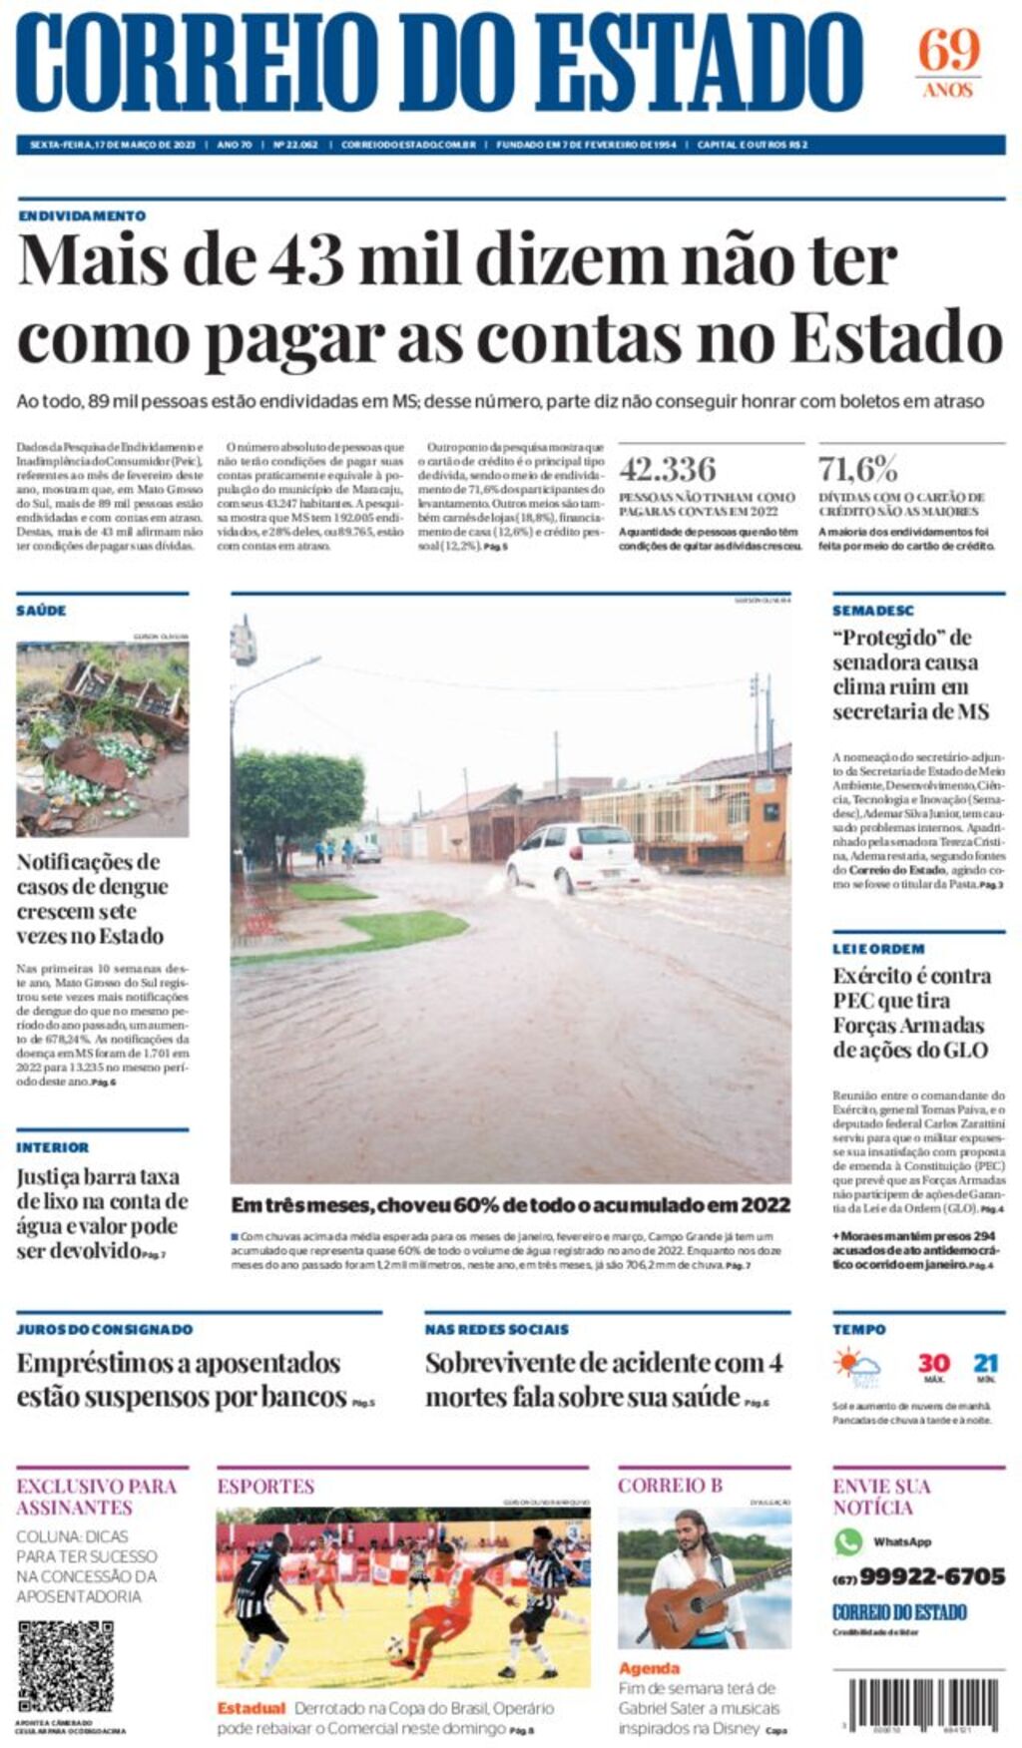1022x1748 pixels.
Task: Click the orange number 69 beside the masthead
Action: pyautogui.click(x=948, y=50)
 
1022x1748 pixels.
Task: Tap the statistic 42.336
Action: pyautogui.click(x=667, y=469)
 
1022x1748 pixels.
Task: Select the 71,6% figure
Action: pyautogui.click(x=858, y=469)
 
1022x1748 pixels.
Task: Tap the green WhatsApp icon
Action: pyautogui.click(x=848, y=1541)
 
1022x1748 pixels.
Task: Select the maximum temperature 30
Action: pyautogui.click(x=933, y=1363)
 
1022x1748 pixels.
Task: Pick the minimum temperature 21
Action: pyautogui.click(x=986, y=1363)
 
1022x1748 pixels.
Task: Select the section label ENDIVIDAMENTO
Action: pyautogui.click(x=82, y=216)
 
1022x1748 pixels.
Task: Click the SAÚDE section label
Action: pyautogui.click(x=41, y=611)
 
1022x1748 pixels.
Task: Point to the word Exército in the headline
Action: pyautogui.click(x=872, y=976)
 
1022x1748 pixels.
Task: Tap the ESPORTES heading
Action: pyautogui.click(x=265, y=1487)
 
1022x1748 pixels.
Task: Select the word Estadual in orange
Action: pyautogui.click(x=251, y=1708)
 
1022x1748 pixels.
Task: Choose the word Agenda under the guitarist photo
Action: pyautogui.click(x=649, y=1668)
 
